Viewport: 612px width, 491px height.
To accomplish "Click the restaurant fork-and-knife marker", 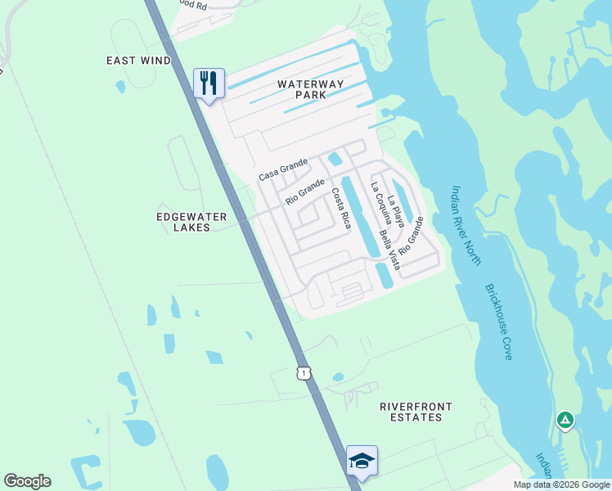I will click(x=209, y=83).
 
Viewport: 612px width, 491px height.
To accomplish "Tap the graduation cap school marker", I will click(x=361, y=461).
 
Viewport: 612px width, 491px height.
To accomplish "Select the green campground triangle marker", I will click(x=565, y=421).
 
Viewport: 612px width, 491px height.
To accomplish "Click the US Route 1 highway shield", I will click(x=303, y=373).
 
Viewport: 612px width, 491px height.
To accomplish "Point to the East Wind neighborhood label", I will click(x=139, y=61).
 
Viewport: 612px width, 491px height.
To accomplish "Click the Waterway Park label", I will click(x=301, y=89).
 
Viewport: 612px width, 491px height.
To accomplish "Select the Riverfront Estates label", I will click(x=416, y=412).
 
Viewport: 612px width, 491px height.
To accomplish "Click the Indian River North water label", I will click(x=466, y=224).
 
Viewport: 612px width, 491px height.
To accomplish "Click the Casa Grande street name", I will click(x=282, y=170).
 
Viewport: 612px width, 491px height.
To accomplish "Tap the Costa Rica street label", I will click(x=340, y=208).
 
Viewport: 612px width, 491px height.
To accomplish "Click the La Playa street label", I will click(x=396, y=210).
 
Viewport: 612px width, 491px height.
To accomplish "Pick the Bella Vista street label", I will click(x=389, y=250).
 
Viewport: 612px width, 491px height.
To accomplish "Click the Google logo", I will click(x=27, y=481).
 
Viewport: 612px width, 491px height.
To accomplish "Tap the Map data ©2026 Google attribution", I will click(x=561, y=484).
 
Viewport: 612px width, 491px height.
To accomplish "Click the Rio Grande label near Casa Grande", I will click(x=305, y=192).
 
